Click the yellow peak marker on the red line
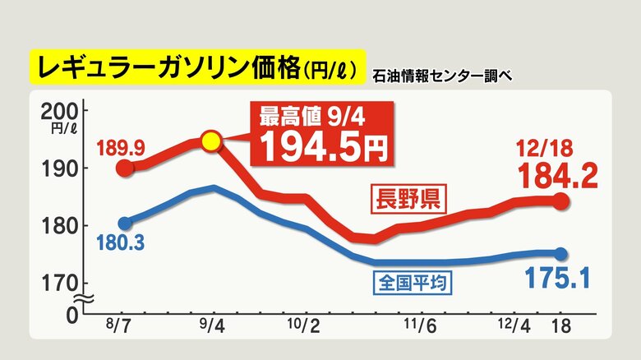(x=211, y=141)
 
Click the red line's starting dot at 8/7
(x=124, y=168)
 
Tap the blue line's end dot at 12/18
(x=561, y=254)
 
